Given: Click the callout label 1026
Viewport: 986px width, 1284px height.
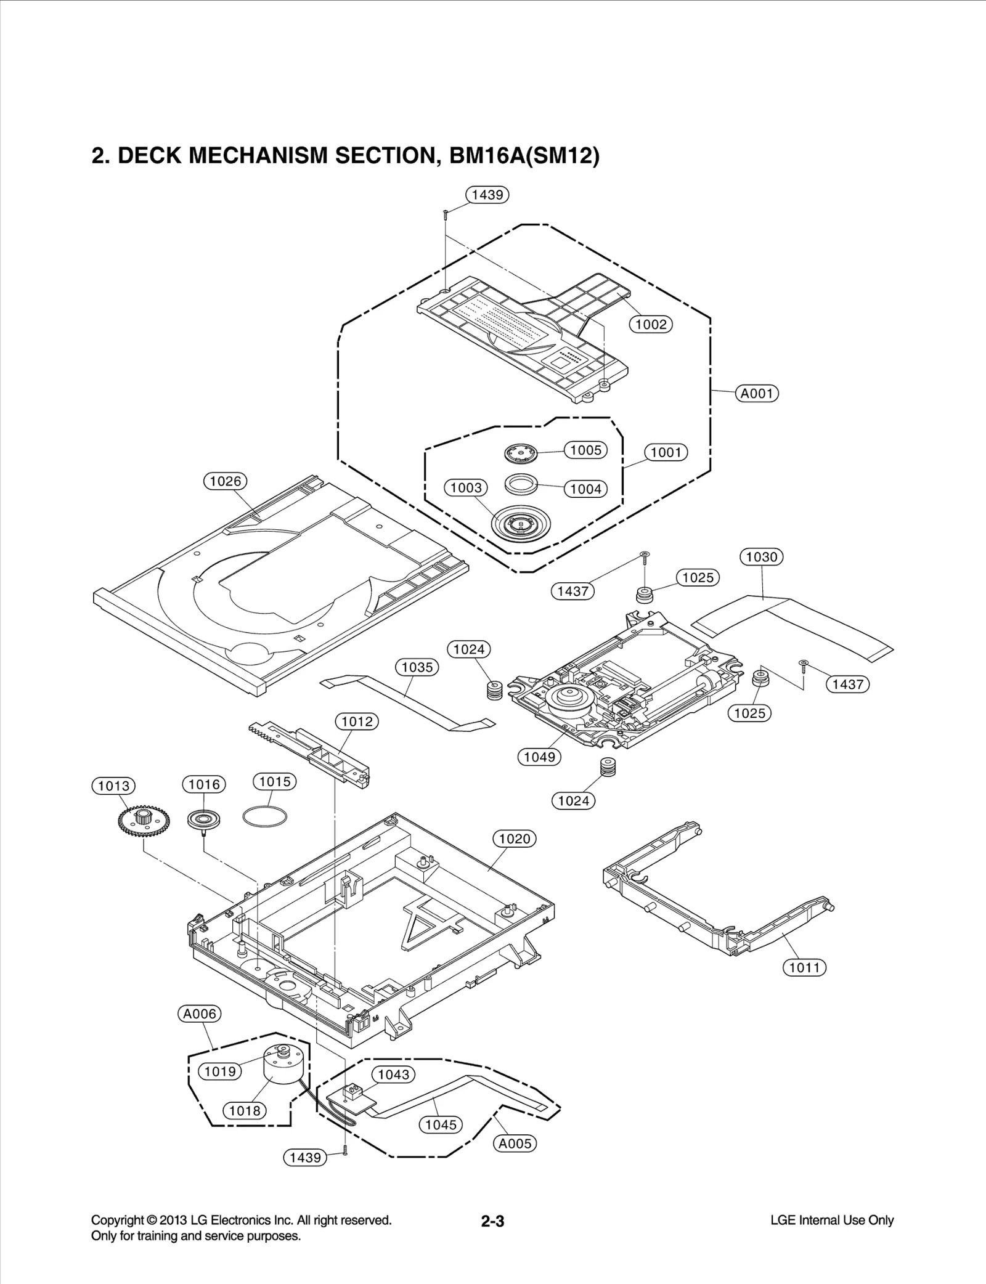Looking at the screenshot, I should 226,481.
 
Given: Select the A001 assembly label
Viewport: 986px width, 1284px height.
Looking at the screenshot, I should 757,393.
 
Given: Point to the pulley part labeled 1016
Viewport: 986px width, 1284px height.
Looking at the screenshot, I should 204,819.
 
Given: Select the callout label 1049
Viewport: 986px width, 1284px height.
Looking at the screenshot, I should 539,757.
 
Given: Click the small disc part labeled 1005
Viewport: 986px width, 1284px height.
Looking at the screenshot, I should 521,454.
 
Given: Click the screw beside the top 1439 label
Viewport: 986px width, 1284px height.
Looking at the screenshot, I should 445,213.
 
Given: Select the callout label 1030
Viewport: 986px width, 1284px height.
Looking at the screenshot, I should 761,557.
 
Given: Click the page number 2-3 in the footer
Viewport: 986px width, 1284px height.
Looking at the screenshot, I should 492,1221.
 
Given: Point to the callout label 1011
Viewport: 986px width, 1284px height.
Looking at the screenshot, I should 804,967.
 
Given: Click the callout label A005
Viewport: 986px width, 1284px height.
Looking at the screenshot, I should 515,1144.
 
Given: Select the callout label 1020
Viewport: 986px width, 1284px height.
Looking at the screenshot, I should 515,839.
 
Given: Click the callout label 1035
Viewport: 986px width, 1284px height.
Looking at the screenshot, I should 417,667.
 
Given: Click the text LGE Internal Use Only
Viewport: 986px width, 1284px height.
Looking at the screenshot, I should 831,1221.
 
